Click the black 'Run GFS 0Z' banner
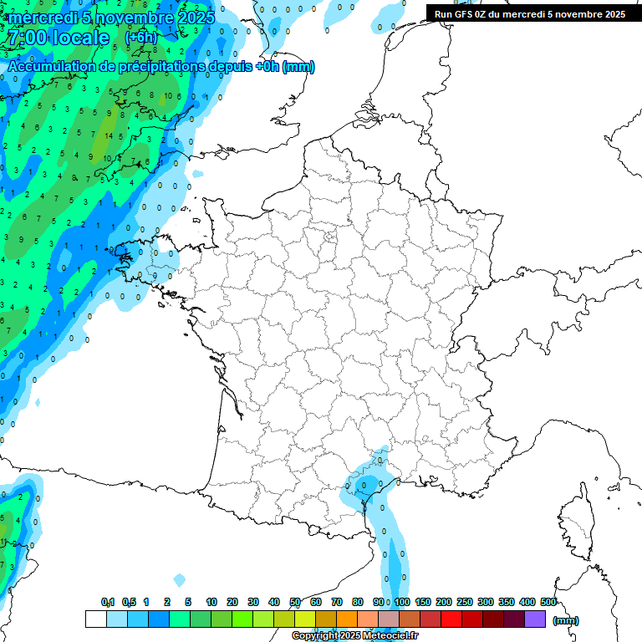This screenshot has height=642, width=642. (530, 13)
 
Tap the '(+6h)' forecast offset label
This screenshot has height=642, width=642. (140, 37)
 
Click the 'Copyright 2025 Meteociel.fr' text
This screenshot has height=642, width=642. (354, 635)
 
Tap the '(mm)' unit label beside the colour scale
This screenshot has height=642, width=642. (566, 620)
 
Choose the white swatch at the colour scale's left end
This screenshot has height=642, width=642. (96, 619)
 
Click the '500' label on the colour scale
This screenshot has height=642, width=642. (548, 602)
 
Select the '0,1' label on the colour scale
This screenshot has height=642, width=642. (108, 602)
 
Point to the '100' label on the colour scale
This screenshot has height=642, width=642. (402, 602)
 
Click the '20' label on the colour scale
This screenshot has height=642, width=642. (232, 602)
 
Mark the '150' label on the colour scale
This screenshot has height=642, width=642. (423, 602)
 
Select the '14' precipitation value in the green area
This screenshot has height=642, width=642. (109, 135)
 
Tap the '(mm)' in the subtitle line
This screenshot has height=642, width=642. (299, 66)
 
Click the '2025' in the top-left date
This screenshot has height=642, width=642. (195, 17)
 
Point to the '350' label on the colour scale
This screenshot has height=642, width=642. (507, 602)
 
